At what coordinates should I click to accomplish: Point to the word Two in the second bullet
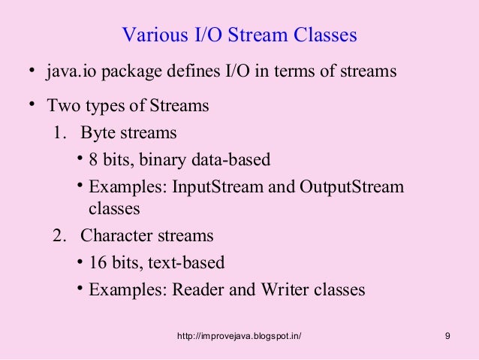point(62,105)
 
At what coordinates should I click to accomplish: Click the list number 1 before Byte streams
point(58,133)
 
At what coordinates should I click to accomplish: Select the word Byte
point(97,134)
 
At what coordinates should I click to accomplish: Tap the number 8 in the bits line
point(93,160)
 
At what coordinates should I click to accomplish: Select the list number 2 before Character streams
point(59,235)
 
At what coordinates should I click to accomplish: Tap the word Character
point(113,235)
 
